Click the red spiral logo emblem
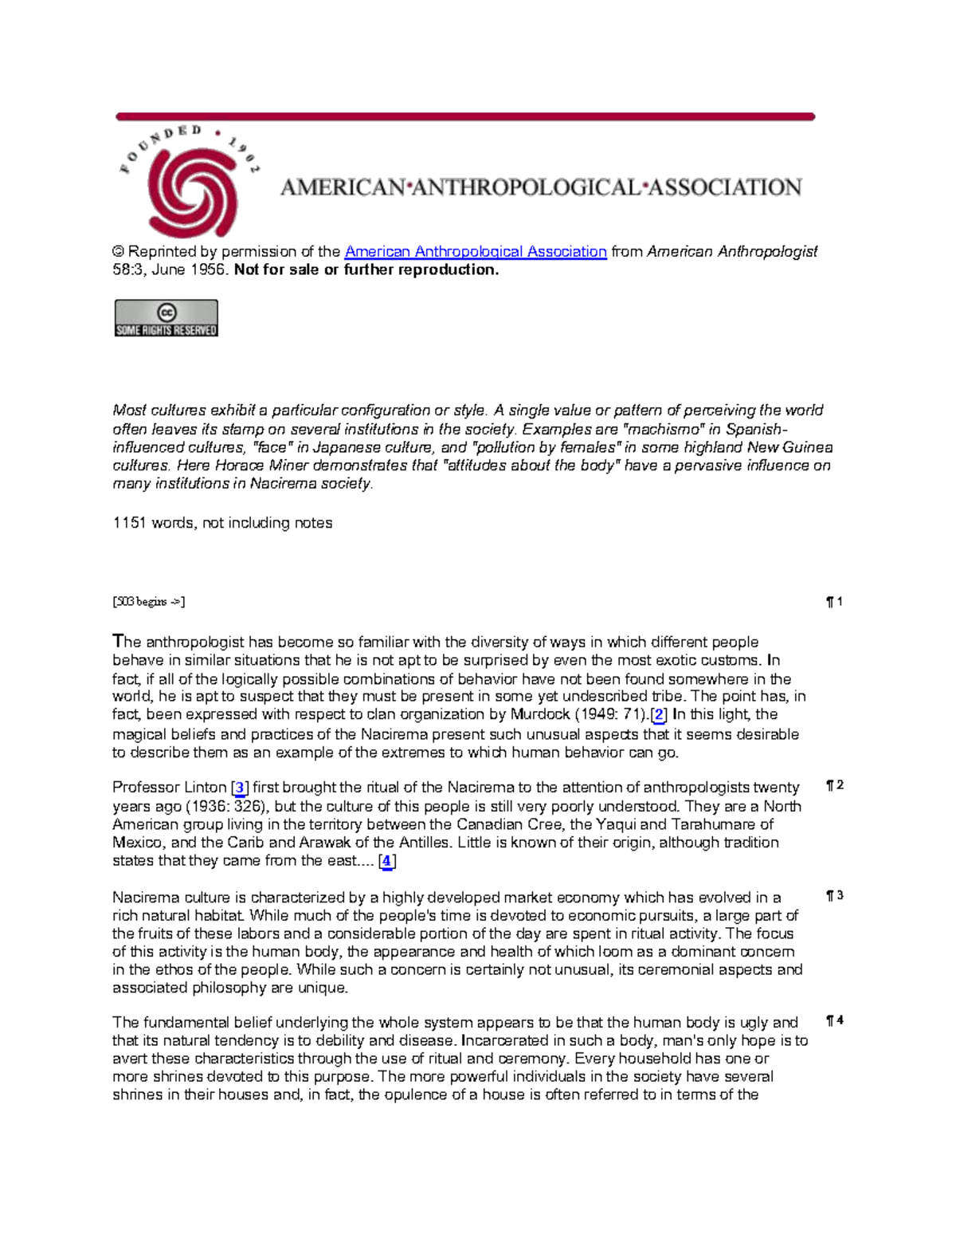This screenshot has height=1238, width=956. [192, 191]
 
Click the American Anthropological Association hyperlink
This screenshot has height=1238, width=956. [476, 252]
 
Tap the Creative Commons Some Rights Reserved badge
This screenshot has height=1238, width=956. [166, 318]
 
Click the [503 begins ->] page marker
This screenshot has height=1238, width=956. [149, 602]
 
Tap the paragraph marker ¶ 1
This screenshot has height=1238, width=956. [835, 602]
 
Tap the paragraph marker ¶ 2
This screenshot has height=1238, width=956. [835, 785]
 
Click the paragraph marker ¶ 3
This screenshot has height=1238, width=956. [835, 896]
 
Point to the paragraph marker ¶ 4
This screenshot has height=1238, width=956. [835, 1020]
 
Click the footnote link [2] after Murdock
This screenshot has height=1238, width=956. [659, 715]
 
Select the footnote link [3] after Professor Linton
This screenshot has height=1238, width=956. [240, 788]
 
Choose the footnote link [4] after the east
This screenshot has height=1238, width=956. [386, 861]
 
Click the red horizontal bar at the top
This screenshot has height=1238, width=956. [465, 117]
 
